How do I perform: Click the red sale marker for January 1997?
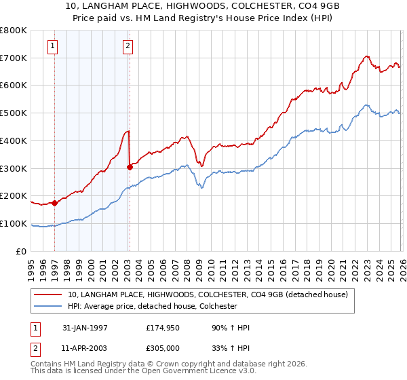(54, 203)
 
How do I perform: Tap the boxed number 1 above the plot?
(52, 46)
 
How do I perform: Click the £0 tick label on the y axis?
(22, 252)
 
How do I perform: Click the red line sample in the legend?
(47, 294)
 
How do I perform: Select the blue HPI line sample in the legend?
(47, 307)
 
